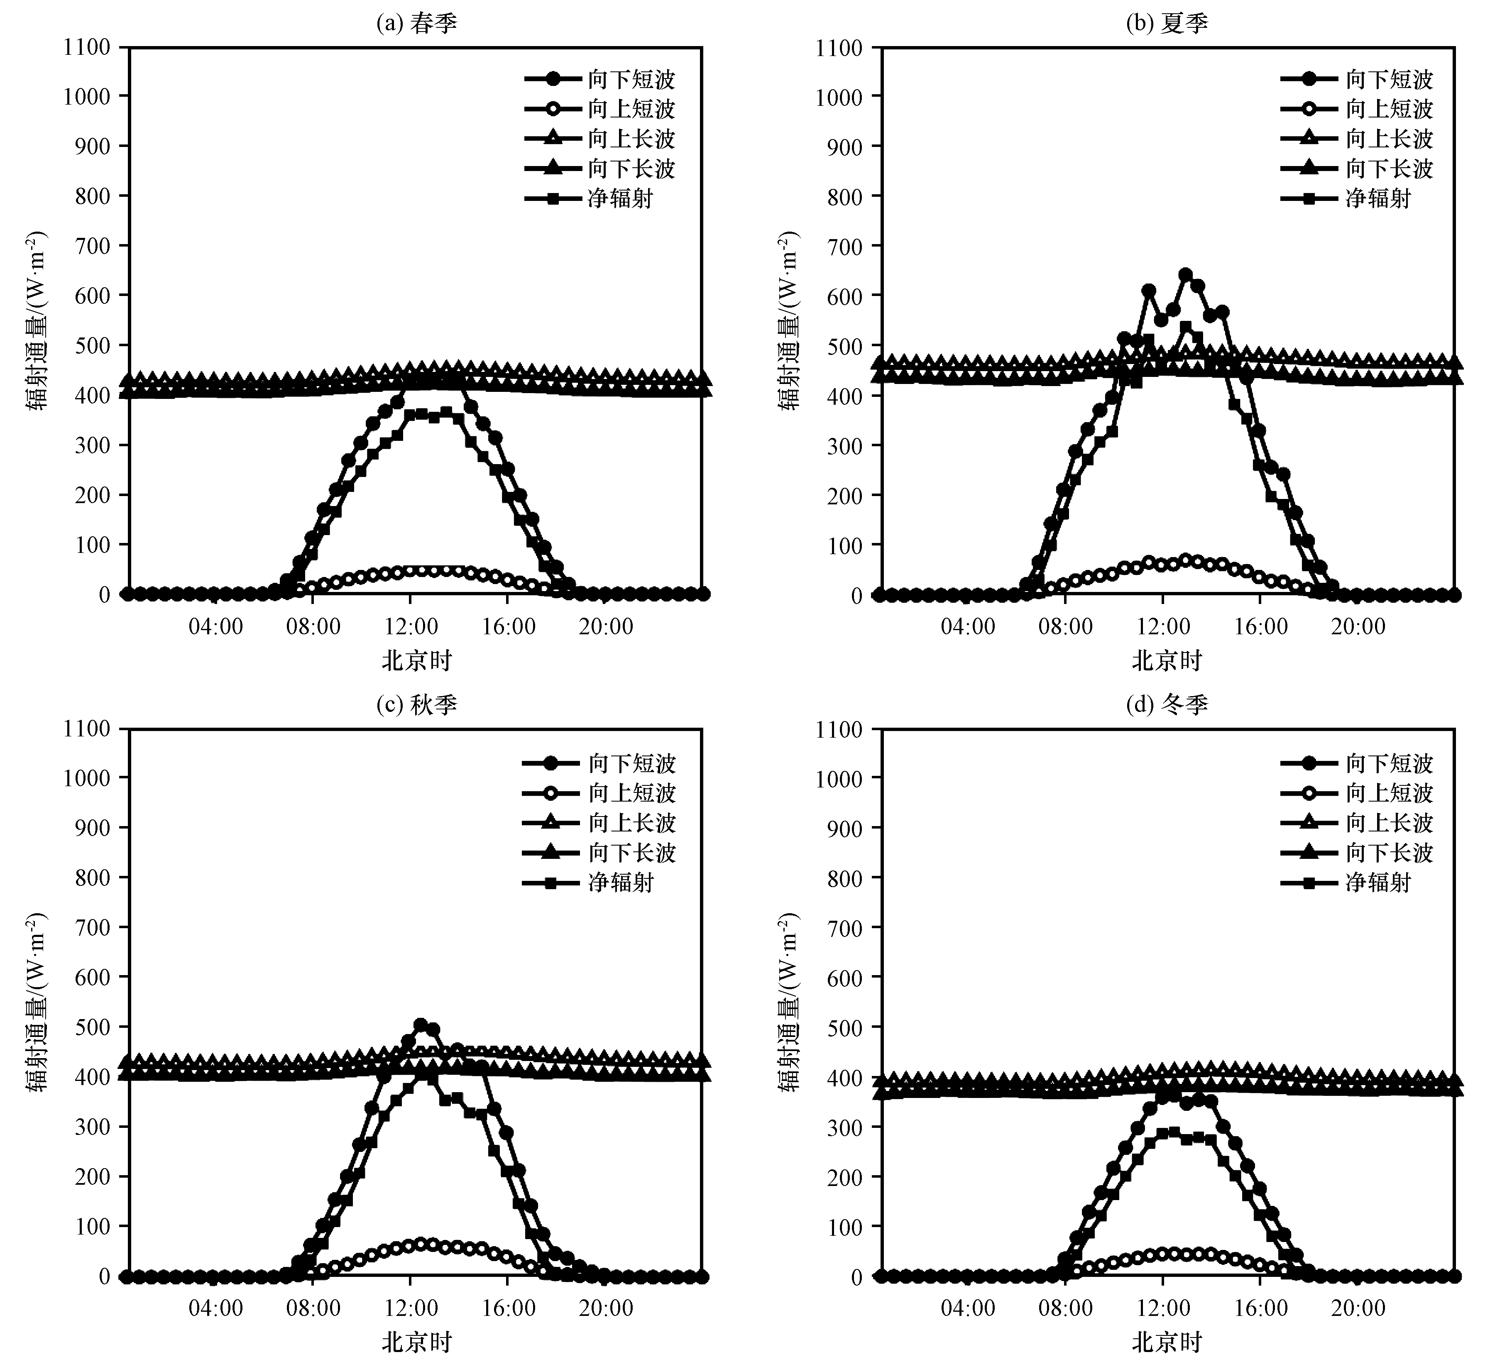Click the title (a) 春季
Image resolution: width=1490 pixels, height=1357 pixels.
[x=416, y=24]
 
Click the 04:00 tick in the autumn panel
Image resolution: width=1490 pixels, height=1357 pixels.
[x=215, y=1308]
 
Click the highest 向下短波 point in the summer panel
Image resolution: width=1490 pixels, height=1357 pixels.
[x=1186, y=275]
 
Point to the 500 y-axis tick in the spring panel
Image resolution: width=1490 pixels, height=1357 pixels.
[x=93, y=345]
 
